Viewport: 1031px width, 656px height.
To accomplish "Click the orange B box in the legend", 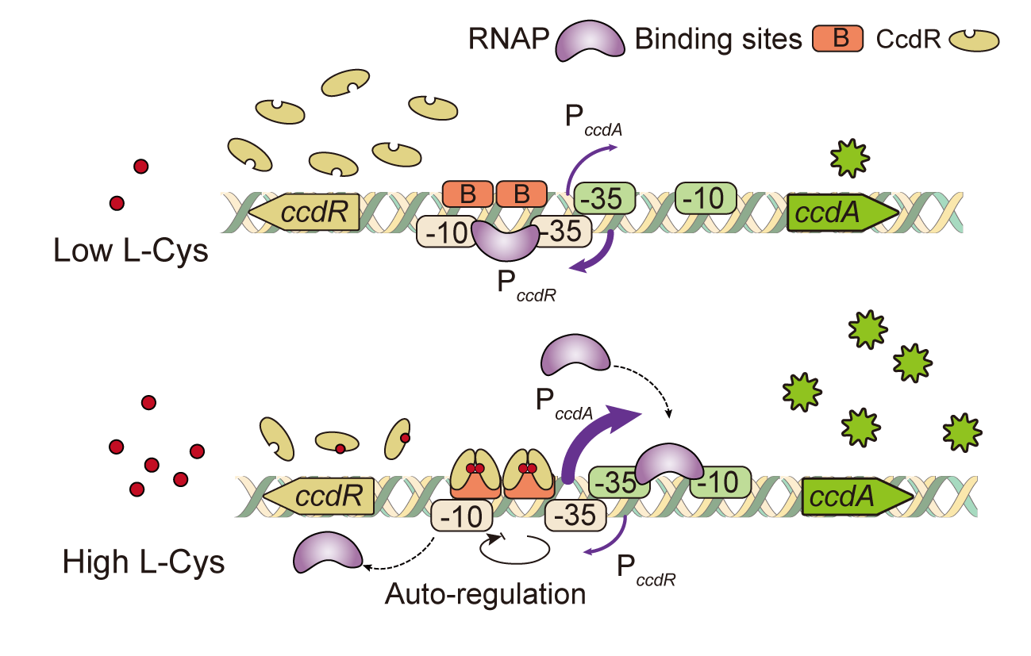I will coord(837,39).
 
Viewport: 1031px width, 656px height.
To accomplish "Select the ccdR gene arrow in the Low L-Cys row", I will coord(304,212).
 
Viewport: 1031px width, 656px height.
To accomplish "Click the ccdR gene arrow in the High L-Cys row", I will coord(319,497).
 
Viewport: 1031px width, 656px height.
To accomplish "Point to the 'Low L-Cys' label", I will coord(130,251).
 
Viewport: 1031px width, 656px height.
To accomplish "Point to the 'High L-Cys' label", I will coord(143,562).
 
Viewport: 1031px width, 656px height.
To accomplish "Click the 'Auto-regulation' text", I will coord(485,593).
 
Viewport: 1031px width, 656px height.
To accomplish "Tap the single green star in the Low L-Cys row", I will coord(848,158).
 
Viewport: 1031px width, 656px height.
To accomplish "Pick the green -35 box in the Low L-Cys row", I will coord(604,198).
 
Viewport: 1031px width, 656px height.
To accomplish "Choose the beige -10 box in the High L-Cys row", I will coord(463,516).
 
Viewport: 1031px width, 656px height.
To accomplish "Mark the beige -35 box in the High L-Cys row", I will coord(575,516).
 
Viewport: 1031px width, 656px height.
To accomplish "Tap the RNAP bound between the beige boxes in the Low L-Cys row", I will coord(506,240).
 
